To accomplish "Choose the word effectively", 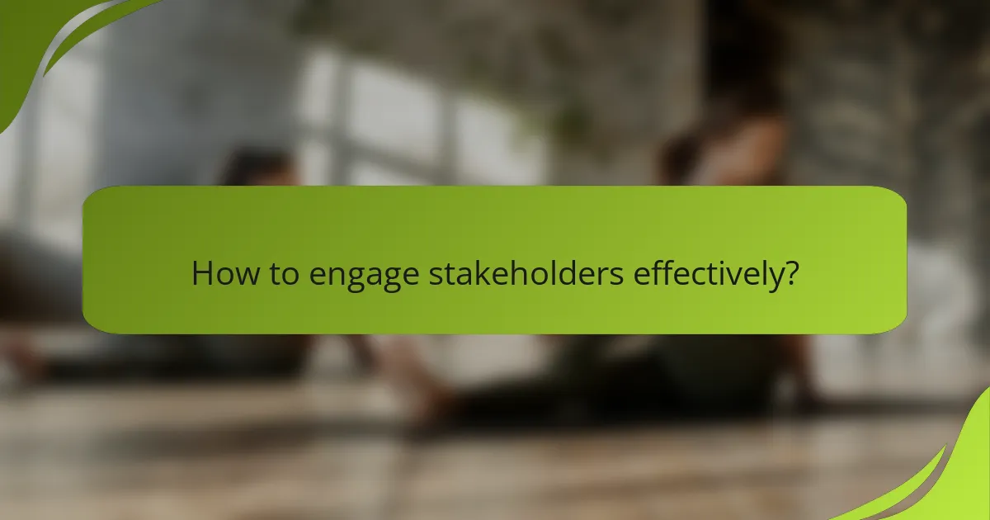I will click(708, 275).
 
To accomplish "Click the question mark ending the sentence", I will click(791, 273).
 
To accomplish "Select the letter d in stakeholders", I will click(566, 273).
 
